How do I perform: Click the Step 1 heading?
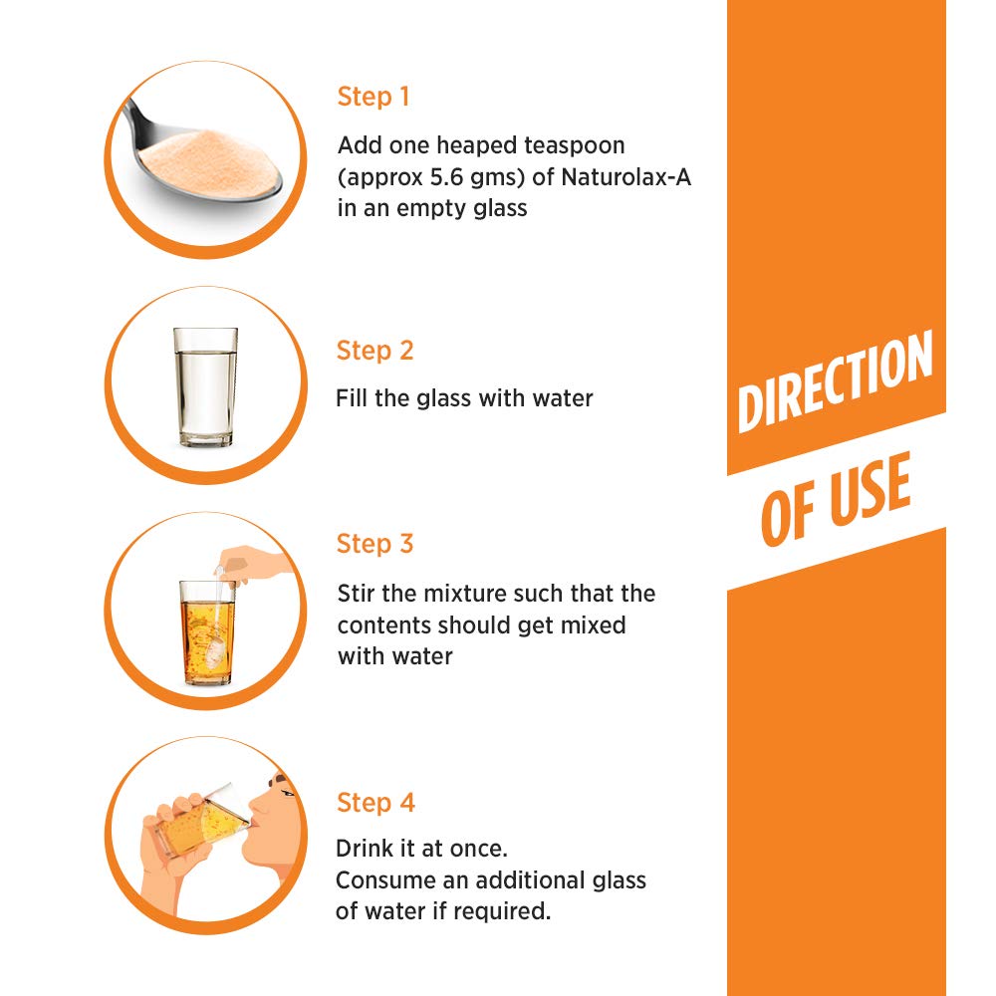pos(373,97)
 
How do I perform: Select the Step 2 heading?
pos(374,351)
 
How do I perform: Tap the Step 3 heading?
pos(374,544)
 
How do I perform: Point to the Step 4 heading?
pos(375,802)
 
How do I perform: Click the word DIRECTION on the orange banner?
pos(835,381)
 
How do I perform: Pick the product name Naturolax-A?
pos(625,177)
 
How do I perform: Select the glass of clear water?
pos(205,386)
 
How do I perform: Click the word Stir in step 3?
pos(357,594)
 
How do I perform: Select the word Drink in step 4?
pos(362,849)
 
